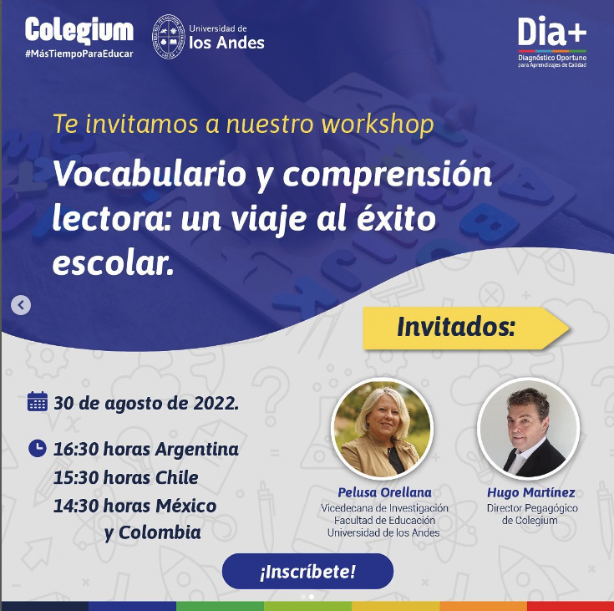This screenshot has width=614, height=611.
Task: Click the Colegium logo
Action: (79, 31)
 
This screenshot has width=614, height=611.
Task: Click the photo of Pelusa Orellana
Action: (383, 429)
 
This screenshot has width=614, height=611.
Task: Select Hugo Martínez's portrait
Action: (528, 429)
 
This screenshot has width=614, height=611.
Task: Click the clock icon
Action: (38, 448)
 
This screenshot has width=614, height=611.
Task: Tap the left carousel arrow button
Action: (21, 305)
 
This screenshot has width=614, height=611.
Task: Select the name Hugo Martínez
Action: (530, 492)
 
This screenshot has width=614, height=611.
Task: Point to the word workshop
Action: (377, 125)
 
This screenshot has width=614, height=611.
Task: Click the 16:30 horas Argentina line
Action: (146, 449)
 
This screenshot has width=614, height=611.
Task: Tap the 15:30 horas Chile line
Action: (126, 477)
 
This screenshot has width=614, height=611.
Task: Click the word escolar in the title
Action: (112, 263)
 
